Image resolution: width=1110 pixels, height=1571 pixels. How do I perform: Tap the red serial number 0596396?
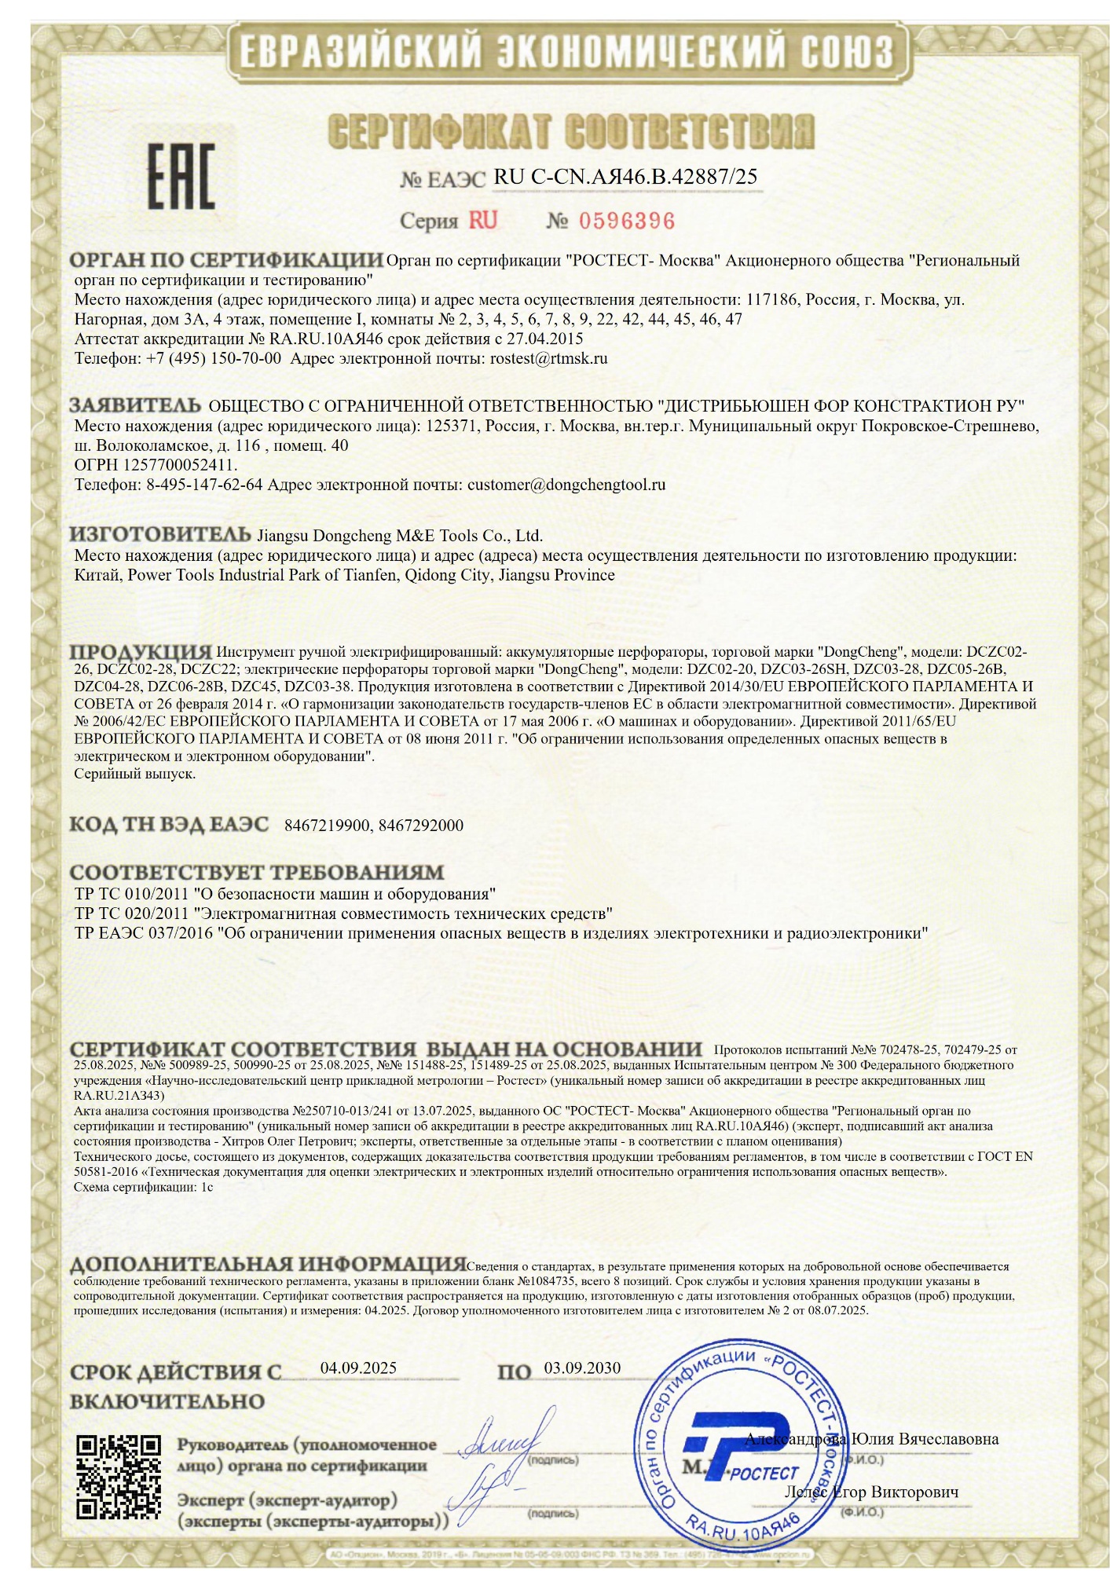(x=627, y=221)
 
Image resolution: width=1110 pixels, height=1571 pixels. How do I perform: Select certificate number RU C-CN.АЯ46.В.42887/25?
(x=625, y=177)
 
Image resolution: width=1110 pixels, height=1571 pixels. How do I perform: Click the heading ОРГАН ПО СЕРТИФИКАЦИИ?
(x=226, y=260)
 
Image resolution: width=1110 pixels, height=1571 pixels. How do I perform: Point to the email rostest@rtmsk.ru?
(x=548, y=359)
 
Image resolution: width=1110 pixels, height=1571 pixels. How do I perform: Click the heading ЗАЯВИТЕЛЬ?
(x=135, y=405)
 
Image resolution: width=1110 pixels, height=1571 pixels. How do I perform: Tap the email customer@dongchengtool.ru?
(x=566, y=485)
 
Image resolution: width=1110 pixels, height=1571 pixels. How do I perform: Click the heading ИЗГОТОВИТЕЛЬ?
(x=160, y=535)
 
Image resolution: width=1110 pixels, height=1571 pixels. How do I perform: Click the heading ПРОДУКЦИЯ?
(x=141, y=652)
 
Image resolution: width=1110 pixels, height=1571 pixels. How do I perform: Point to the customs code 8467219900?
(x=328, y=826)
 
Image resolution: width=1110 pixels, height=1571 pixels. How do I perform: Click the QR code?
(x=118, y=1476)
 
